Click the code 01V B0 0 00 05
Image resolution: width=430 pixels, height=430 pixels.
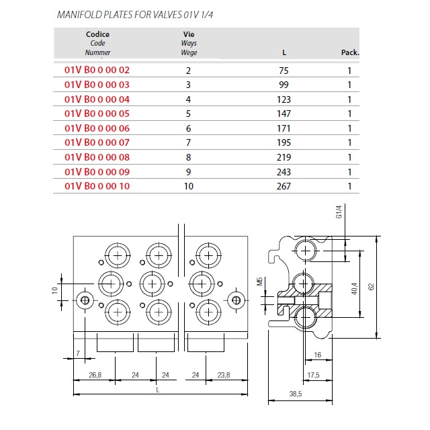point(97,114)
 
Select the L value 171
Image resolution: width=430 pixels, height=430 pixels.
point(284,128)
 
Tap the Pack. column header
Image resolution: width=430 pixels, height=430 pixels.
point(350,52)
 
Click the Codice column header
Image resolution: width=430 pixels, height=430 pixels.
point(97,34)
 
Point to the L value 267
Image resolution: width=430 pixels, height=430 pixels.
point(284,186)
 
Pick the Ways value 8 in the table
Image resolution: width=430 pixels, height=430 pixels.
point(188,157)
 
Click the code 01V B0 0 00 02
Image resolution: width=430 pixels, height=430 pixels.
point(97,70)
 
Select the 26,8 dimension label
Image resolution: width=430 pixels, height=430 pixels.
point(95,375)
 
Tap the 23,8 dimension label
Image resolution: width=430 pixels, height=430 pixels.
point(224,375)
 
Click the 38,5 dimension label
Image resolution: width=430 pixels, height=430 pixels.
point(296,394)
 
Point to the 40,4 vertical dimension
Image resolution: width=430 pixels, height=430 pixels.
point(354,289)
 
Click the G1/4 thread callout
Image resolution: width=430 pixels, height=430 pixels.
point(339,212)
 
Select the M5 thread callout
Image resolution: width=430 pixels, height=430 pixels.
point(260,282)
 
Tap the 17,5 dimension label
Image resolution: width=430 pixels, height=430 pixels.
point(314,375)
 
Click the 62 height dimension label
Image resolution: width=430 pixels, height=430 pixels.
point(371,287)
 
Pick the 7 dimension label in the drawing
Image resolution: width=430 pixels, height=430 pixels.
point(78,353)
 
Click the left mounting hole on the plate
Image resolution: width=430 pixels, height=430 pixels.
point(85,300)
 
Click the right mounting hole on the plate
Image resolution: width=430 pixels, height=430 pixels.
point(236,300)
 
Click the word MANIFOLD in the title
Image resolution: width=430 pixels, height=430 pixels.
point(79,15)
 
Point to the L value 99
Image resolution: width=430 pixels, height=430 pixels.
point(284,85)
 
